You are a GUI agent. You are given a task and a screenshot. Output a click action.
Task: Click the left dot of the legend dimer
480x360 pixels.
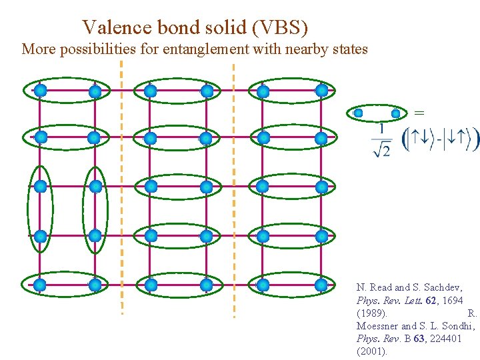coord(359,113)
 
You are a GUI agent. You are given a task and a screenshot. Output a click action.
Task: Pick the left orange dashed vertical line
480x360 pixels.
coord(121,187)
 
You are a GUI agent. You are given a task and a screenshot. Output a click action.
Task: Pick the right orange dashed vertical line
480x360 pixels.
coord(233,187)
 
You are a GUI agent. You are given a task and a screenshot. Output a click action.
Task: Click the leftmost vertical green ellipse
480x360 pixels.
coord(40,210)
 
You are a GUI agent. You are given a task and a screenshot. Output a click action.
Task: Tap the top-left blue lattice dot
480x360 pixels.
coord(40,89)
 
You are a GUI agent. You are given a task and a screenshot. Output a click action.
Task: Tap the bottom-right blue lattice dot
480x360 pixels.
coord(321,285)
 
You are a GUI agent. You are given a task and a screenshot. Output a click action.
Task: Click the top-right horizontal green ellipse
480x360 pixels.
coord(292,90)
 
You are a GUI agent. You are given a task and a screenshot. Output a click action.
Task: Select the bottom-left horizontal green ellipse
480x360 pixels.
coord(67,285)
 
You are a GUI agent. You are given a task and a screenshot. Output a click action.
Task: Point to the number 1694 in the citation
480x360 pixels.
coord(451,300)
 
